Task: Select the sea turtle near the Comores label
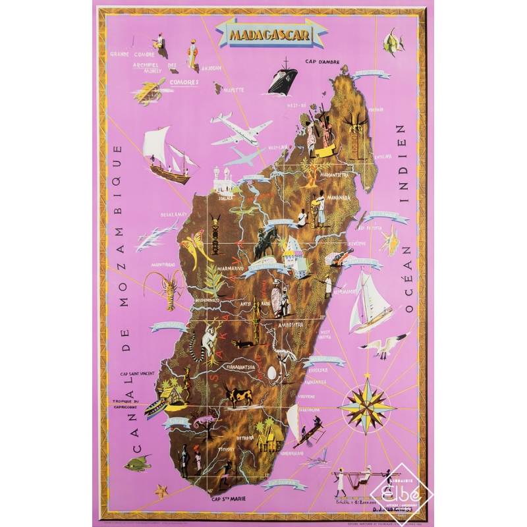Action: tap(148, 92)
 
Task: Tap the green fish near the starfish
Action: tap(137, 464)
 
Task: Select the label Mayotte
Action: tap(233, 89)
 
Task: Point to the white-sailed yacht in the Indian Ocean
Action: tap(371, 302)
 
